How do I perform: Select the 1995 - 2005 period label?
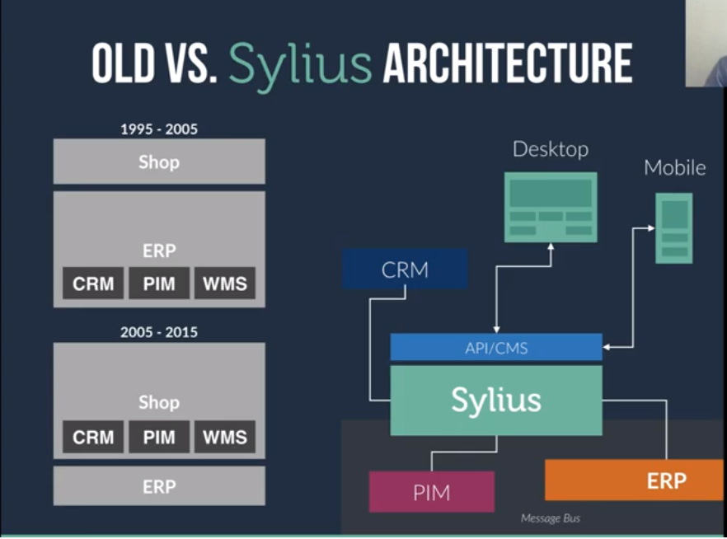click(x=159, y=129)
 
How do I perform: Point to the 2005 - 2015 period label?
click(x=159, y=333)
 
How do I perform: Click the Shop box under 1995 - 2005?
click(x=159, y=162)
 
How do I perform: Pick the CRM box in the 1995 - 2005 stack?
click(x=93, y=284)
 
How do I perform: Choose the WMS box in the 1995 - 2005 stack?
click(x=224, y=284)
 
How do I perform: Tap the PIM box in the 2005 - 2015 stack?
click(x=159, y=437)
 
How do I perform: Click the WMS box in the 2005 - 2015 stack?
click(x=224, y=437)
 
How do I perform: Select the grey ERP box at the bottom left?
click(x=159, y=486)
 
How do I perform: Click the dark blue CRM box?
click(x=405, y=269)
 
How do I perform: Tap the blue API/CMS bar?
click(x=495, y=348)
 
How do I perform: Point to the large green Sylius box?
click(x=495, y=401)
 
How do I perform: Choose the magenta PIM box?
click(x=431, y=492)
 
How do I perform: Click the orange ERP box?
click(x=634, y=480)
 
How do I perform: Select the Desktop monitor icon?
click(x=551, y=207)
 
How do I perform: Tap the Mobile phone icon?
click(x=673, y=227)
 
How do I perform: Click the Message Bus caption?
click(x=550, y=518)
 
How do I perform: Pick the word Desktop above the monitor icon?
click(x=551, y=149)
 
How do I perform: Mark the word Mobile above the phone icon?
click(x=674, y=167)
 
